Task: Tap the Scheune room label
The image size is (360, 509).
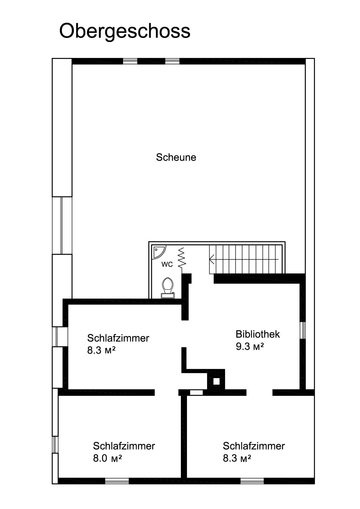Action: point(176,157)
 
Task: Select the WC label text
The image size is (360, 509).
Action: point(167,264)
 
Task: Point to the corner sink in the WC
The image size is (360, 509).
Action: point(159,251)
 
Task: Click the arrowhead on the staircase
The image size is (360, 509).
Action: point(212,259)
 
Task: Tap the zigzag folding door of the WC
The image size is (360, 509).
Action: point(182,258)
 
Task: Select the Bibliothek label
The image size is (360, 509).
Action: point(258,334)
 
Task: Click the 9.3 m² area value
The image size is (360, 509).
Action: point(250,346)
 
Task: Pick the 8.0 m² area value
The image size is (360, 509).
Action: point(107,458)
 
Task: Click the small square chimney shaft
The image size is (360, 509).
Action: point(216,381)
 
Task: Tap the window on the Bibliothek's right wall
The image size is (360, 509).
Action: point(303,330)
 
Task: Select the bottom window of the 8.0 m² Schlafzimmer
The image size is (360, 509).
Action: point(117,481)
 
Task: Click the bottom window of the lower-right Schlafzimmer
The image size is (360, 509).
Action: point(252,481)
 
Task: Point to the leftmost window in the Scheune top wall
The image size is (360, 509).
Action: point(130,61)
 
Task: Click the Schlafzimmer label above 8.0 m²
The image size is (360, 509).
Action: point(124,446)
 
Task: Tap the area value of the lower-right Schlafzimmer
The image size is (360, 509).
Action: point(237,458)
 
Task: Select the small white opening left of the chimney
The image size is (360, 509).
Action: point(196,393)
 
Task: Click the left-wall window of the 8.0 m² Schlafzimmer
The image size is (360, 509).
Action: point(55,444)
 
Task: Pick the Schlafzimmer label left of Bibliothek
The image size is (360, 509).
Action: point(118,338)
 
